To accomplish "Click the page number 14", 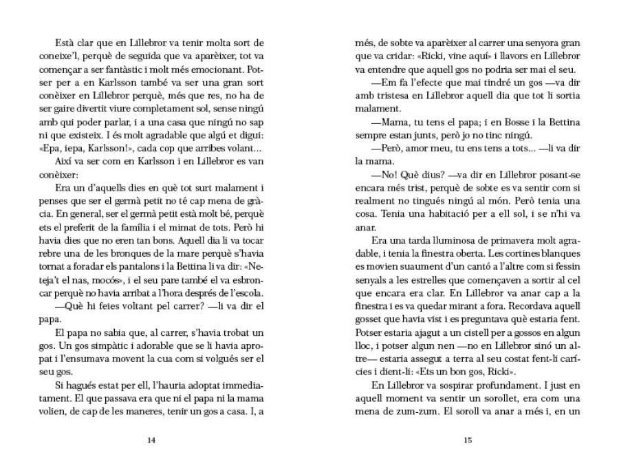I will click(x=151, y=441).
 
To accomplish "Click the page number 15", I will click(x=467, y=441).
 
